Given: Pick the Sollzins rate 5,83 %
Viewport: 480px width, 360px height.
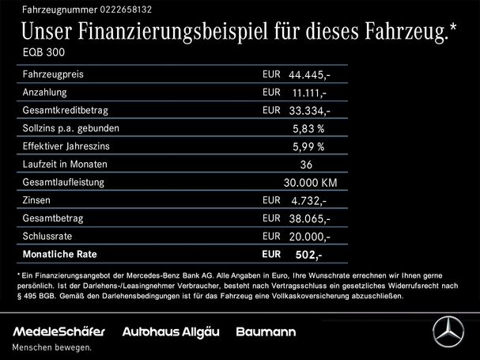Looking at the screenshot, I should pyautogui.click(x=308, y=128).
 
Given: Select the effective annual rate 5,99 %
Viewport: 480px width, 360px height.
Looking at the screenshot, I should pyautogui.click(x=308, y=146).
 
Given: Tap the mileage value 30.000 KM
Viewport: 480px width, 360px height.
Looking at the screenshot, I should pyautogui.click(x=310, y=183).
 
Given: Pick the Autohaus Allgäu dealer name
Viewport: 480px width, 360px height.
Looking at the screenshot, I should pyautogui.click(x=172, y=330).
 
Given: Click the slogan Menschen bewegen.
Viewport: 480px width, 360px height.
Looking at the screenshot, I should pyautogui.click(x=52, y=347).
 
